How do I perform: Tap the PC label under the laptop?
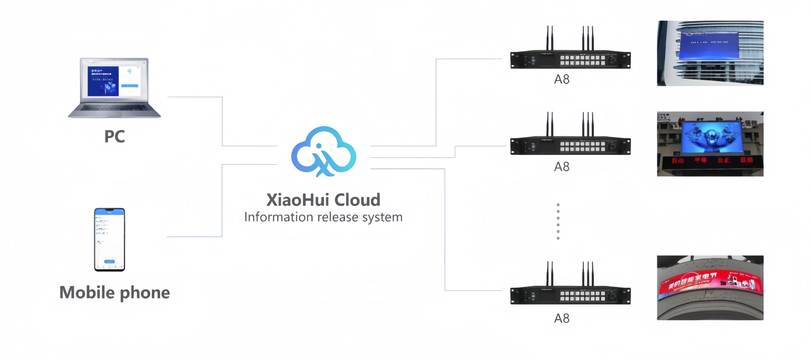pos(115,136)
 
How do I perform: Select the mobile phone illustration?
pos(110,239)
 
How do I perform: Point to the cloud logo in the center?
pos(324,151)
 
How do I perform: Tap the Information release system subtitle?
pos(323,217)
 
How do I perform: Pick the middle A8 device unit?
pos(570,146)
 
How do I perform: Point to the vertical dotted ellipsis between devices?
pos(558,221)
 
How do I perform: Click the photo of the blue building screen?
pos(710,53)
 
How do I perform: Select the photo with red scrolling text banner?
pos(710,144)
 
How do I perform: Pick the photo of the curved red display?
pos(710,288)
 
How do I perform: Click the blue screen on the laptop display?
pos(103,81)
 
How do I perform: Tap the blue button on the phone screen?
pos(109,261)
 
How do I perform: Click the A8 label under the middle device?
pos(562,167)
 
